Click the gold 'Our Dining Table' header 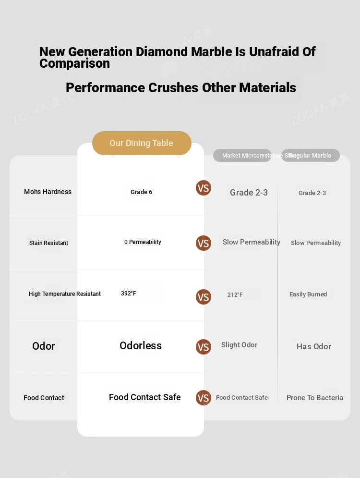click(142, 143)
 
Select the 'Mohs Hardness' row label click(48, 192)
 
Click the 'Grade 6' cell click(141, 192)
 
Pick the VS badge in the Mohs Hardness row click(204, 188)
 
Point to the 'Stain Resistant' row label click(48, 243)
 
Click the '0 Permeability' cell click(143, 242)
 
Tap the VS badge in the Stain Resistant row click(204, 243)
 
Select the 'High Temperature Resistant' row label click(65, 294)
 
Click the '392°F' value click(129, 294)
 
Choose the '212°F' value click(235, 295)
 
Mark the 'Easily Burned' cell click(308, 294)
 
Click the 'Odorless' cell click(141, 346)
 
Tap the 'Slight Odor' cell click(239, 345)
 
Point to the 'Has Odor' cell click(314, 346)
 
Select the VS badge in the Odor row click(204, 347)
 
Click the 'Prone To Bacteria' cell click(315, 398)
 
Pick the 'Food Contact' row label click(44, 398)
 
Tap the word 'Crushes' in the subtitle click(174, 88)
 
